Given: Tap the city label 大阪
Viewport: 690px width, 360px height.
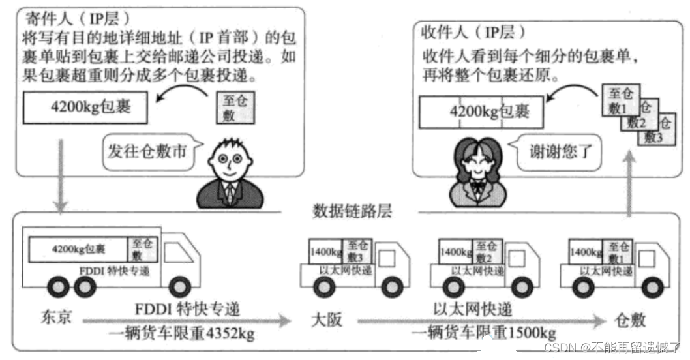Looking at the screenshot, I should (x=325, y=320).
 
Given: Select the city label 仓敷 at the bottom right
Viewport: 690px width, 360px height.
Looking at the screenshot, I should (x=629, y=320).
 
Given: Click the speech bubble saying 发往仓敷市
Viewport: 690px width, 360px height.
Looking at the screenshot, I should (x=147, y=151).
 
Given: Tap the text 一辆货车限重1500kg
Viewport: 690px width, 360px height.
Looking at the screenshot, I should (x=484, y=332).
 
